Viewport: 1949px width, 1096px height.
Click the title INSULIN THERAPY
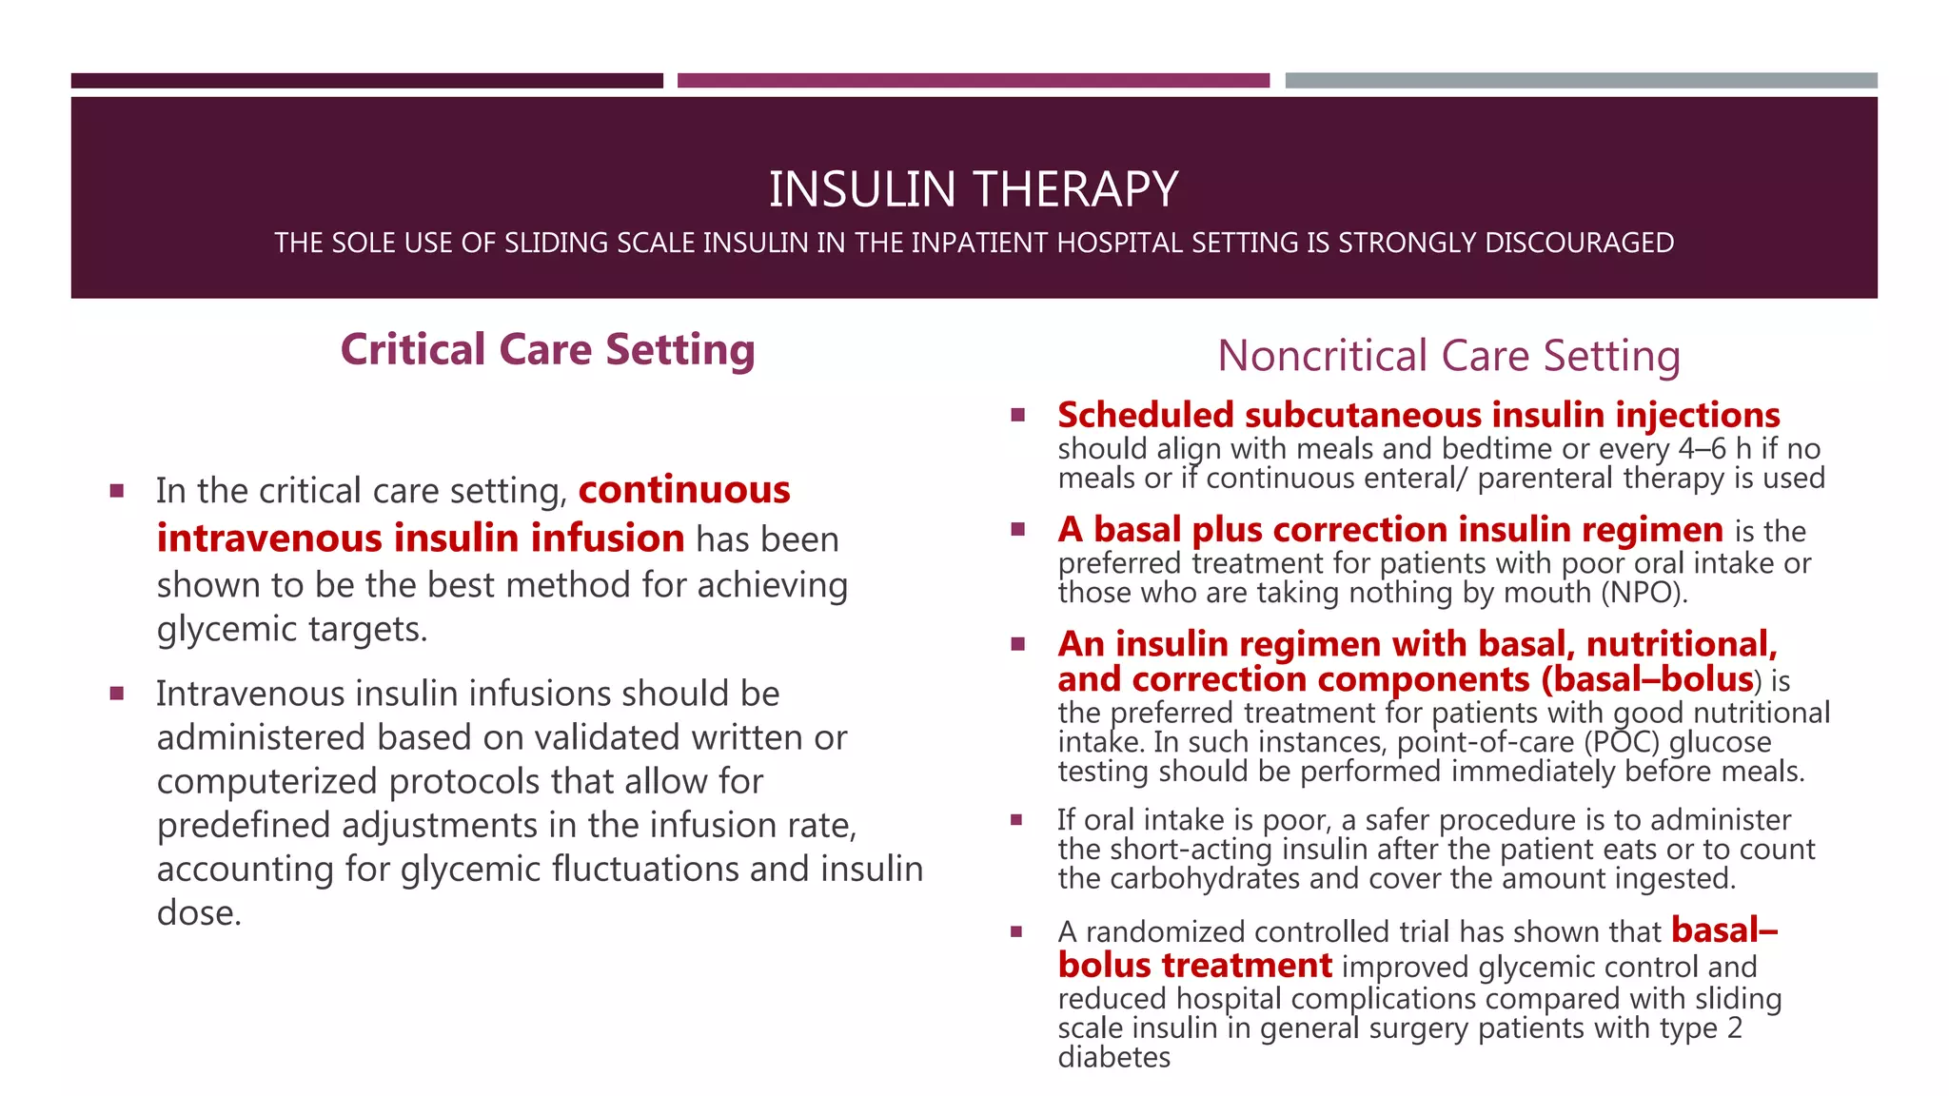974,188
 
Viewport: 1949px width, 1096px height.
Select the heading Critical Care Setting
547,350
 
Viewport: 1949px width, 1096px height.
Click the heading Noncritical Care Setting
1448,356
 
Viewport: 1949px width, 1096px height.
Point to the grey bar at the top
1581,81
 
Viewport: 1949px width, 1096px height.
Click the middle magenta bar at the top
973,81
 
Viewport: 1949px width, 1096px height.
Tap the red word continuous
684,490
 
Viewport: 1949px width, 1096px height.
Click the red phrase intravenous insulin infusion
421,538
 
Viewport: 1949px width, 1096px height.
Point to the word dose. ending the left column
199,913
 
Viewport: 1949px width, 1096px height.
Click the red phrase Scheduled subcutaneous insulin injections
1418,416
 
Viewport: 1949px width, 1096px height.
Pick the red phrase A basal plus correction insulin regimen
1389,530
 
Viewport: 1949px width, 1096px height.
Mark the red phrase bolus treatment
1194,966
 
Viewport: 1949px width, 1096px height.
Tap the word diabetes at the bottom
1113,1057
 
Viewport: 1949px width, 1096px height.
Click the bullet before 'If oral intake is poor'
1016,819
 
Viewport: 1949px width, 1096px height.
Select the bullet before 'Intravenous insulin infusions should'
117,694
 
